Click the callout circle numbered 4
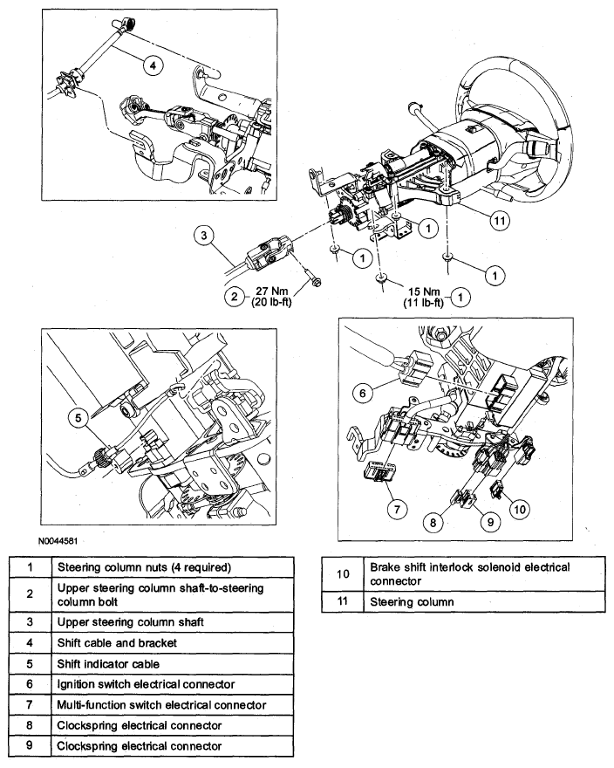(151, 65)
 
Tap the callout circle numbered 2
(234, 297)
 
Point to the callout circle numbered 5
(78, 418)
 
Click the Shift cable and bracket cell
(117, 644)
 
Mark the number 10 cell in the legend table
(342, 573)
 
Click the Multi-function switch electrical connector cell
(161, 704)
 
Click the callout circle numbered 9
(490, 521)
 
